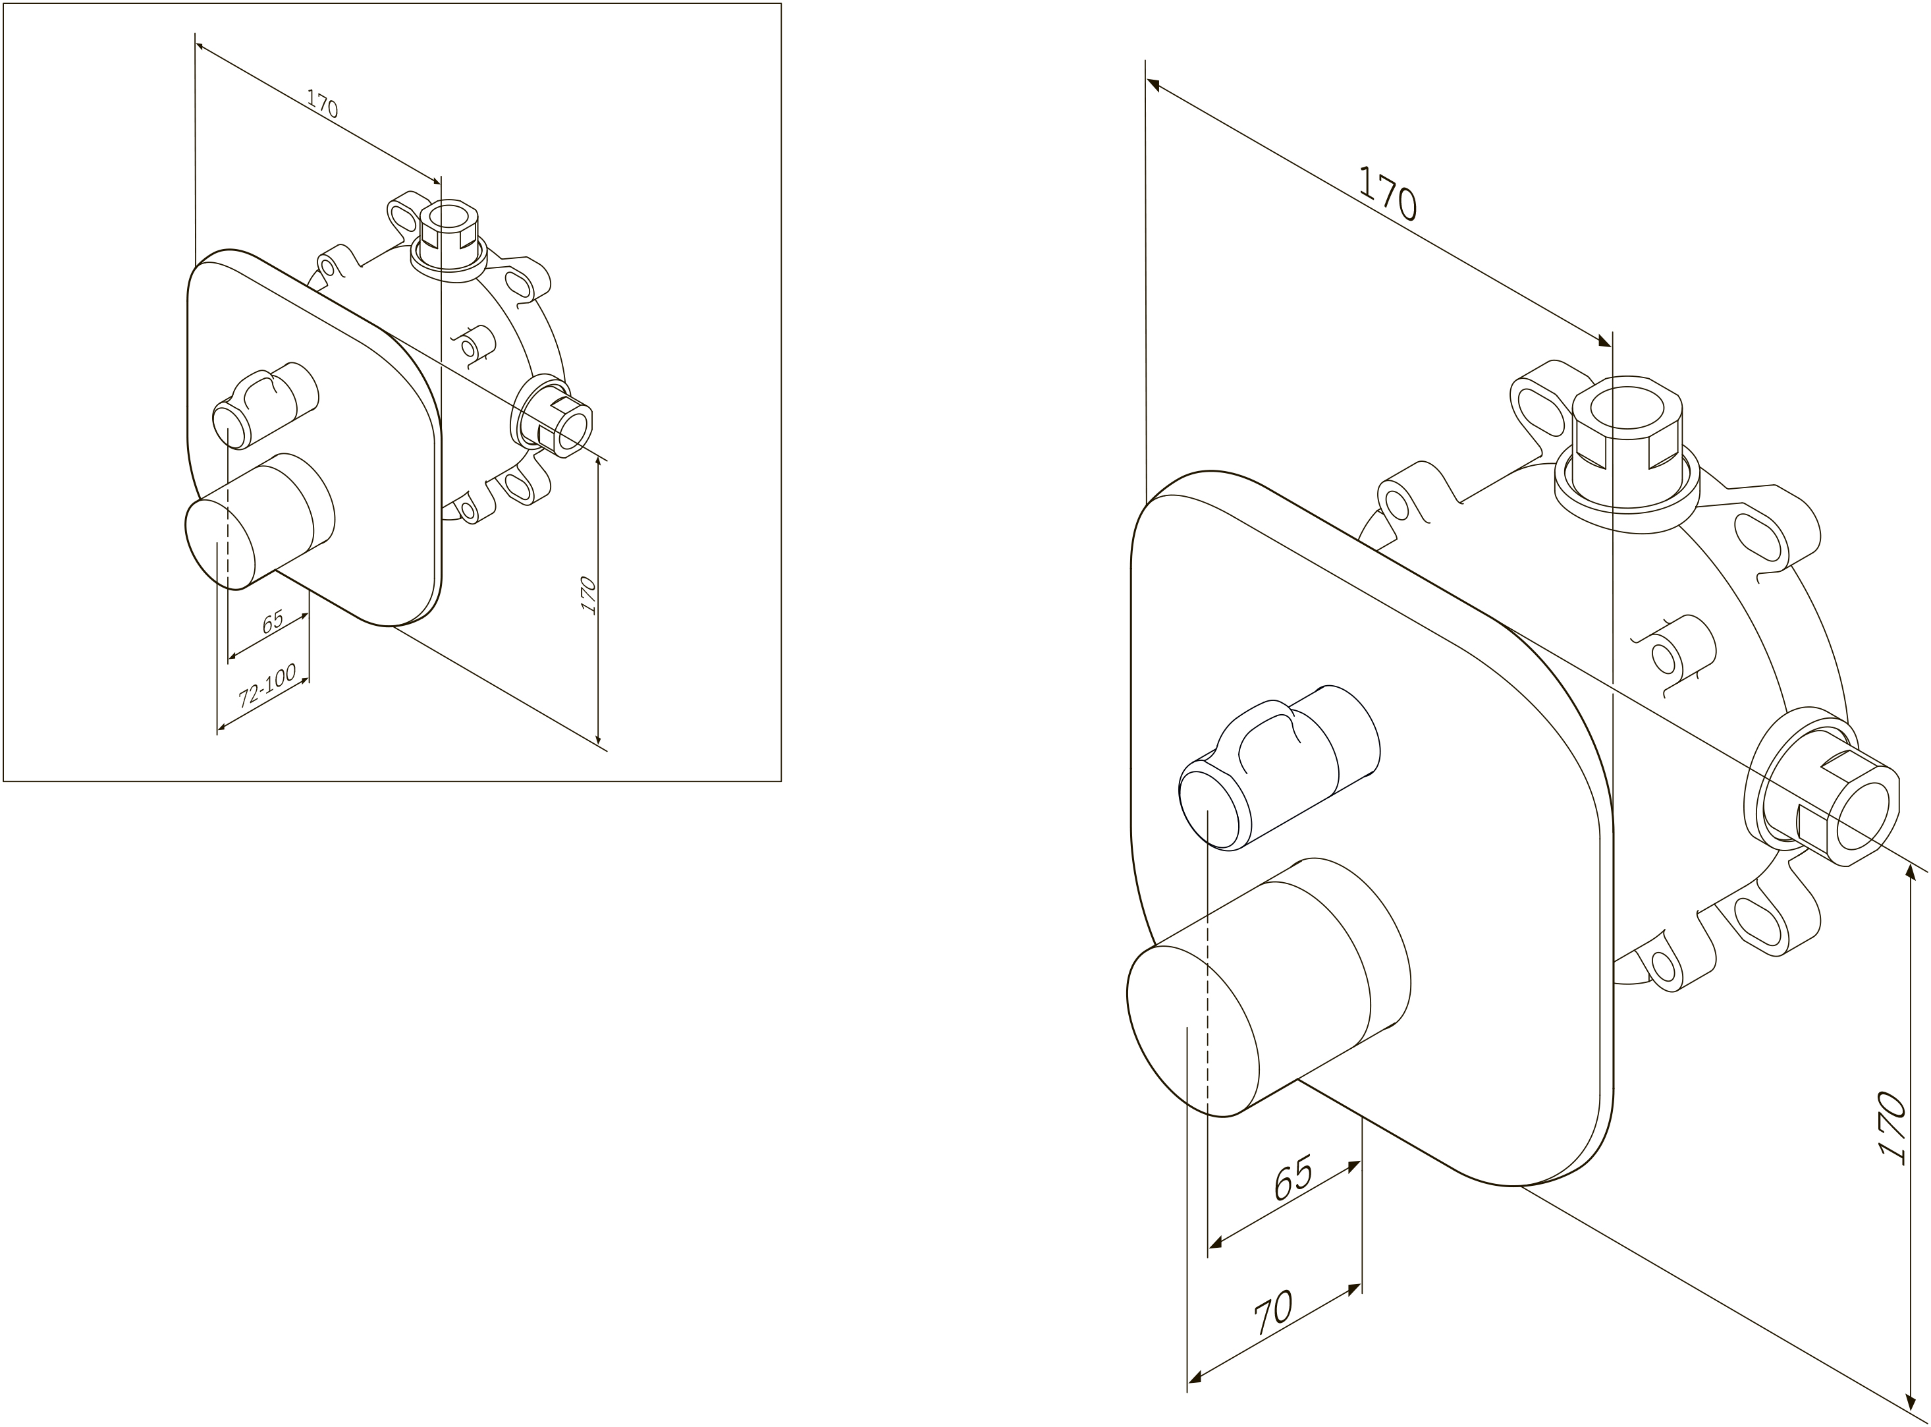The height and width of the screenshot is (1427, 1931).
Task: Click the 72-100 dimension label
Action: coord(267,685)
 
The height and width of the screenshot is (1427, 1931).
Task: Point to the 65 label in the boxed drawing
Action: coord(273,621)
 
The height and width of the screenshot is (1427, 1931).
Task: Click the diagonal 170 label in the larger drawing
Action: coord(1387,194)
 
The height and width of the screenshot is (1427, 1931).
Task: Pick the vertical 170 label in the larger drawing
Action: coord(1891,1129)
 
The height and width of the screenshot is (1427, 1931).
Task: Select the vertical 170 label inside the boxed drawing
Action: coord(589,595)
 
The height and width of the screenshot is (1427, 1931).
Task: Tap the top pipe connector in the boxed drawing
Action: coord(449,239)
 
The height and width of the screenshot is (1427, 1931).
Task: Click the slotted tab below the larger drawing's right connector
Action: coord(1762,917)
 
